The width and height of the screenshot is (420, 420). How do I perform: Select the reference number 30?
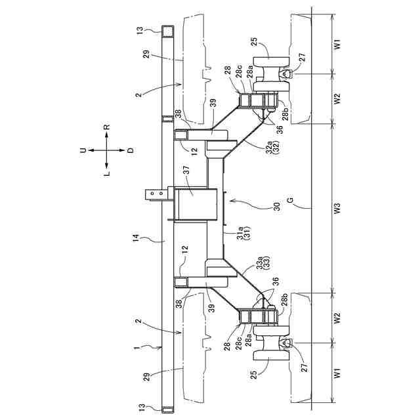click(276, 205)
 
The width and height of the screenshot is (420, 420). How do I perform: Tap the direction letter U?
click(83, 150)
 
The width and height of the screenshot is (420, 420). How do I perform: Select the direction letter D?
click(131, 150)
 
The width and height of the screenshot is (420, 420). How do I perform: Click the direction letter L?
click(107, 174)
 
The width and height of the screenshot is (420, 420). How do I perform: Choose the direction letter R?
click(107, 127)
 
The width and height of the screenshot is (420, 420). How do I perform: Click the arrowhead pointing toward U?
click(91, 150)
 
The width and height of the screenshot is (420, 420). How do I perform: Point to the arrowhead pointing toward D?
click(123, 150)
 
